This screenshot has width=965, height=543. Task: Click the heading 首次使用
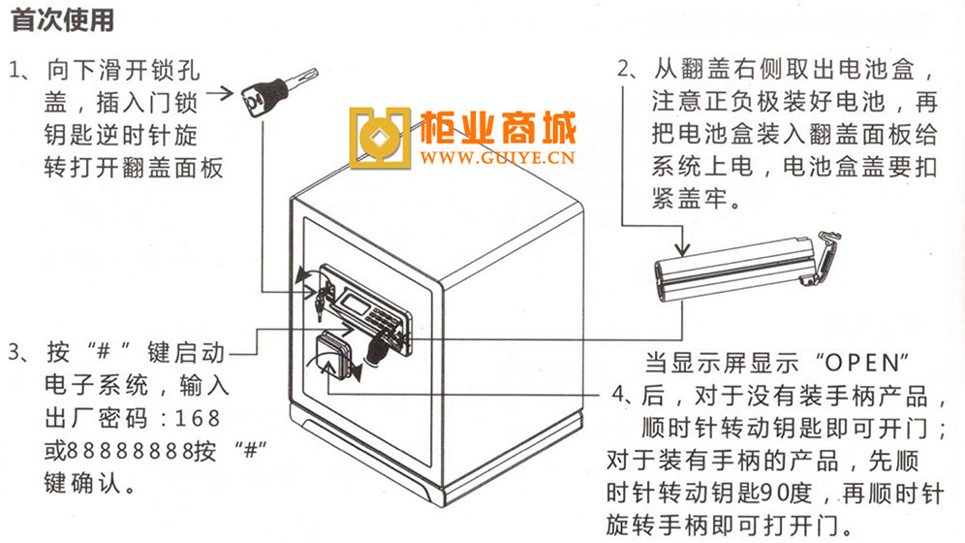tap(63, 19)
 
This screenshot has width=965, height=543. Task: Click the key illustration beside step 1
tap(279, 92)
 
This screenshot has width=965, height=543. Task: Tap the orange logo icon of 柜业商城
tap(380, 138)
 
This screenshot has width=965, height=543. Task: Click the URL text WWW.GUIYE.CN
tap(497, 158)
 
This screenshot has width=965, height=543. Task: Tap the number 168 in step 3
tap(199, 419)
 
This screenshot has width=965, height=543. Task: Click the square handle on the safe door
tap(333, 353)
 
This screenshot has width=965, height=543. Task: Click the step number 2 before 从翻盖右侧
tap(625, 69)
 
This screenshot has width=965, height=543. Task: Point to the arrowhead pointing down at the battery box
tap(682, 247)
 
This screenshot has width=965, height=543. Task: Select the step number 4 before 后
tap(619, 395)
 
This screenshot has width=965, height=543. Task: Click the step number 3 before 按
tap(15, 353)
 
